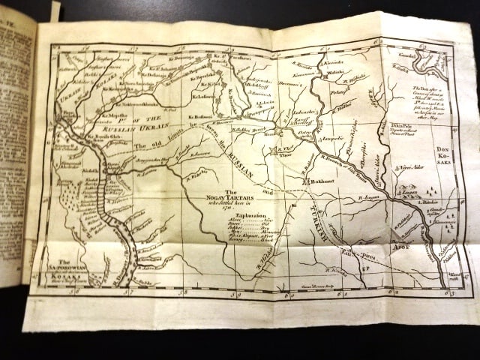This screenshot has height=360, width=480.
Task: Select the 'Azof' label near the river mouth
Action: pos(401,245)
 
